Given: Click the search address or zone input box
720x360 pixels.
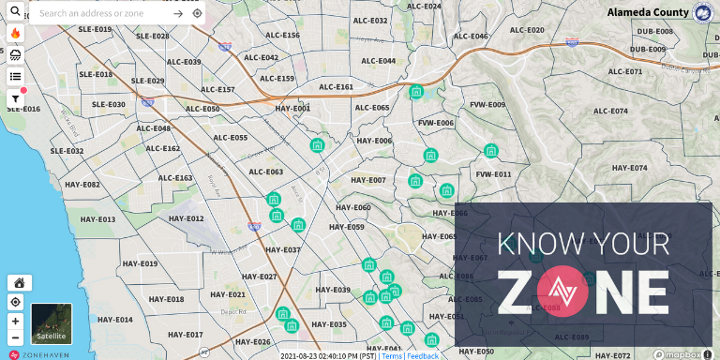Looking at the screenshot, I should (x=103, y=13).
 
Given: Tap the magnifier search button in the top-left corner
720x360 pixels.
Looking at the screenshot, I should (x=15, y=12).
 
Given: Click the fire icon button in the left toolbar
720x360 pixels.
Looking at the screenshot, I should (x=15, y=33).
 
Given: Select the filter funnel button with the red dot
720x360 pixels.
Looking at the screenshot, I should (x=15, y=97).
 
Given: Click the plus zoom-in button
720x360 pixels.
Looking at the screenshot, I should (x=15, y=321).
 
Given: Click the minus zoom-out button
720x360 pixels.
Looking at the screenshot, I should (x=15, y=337).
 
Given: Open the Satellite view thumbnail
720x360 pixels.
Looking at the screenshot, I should (x=52, y=323).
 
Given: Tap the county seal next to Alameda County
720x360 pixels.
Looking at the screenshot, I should (x=702, y=12).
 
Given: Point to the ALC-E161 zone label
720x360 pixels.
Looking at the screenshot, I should (x=337, y=87).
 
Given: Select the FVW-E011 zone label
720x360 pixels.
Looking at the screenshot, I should (x=493, y=174).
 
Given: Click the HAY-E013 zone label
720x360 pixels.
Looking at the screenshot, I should (x=97, y=219).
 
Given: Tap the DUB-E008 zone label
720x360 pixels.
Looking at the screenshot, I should (x=653, y=31).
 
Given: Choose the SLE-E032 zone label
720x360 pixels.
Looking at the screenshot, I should (x=67, y=151).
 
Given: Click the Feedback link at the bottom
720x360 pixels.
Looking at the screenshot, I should (x=423, y=356).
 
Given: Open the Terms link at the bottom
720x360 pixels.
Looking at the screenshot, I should (x=392, y=356).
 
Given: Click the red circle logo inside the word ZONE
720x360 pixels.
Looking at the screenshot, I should (x=562, y=292).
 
